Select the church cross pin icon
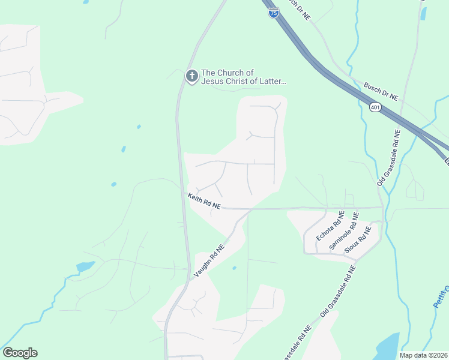[x=191, y=76]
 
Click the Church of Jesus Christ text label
[x=243, y=77]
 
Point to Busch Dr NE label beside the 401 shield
[x=381, y=91]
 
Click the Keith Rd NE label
[x=204, y=200]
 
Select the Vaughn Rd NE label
[x=209, y=261]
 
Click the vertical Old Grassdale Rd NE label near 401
[x=388, y=158]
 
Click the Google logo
[x=20, y=353]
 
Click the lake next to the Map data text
[x=387, y=347]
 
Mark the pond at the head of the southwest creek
[x=85, y=266]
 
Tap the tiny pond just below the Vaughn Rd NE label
[x=234, y=268]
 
